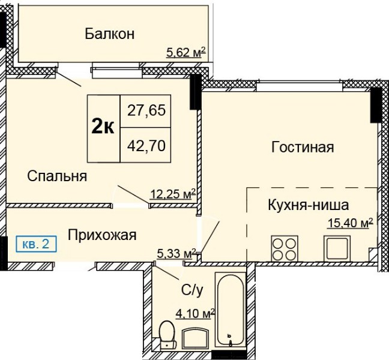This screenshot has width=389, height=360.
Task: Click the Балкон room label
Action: pos(110,34)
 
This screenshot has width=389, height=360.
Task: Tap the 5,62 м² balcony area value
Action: pos(186,52)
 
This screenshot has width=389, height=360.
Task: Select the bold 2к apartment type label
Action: pos(103,128)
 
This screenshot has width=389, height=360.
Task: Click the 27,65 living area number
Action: pos(146,110)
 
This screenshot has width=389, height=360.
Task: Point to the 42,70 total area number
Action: pos(146,146)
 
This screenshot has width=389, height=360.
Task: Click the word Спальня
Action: pos(57,176)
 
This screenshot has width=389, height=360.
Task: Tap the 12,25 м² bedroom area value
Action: pos(173,194)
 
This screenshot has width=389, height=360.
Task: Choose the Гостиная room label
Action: pos(303,147)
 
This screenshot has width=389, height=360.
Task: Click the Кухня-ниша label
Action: pos(309,205)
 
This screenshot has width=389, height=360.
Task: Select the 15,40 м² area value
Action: pos(351,223)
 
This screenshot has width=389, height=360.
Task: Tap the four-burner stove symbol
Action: pos(285,248)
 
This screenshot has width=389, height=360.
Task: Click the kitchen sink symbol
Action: pos(337,248)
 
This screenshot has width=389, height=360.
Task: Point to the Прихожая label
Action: pos(102,235)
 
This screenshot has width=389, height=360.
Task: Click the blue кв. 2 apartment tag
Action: pos(36,244)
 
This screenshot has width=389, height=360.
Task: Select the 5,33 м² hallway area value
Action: pos(177,253)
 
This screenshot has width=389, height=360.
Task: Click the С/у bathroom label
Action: pos(192,290)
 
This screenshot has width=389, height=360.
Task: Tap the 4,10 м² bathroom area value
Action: pos(195,313)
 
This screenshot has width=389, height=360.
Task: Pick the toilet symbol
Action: pos(167,335)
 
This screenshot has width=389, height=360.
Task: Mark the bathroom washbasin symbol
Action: pos(195,338)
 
